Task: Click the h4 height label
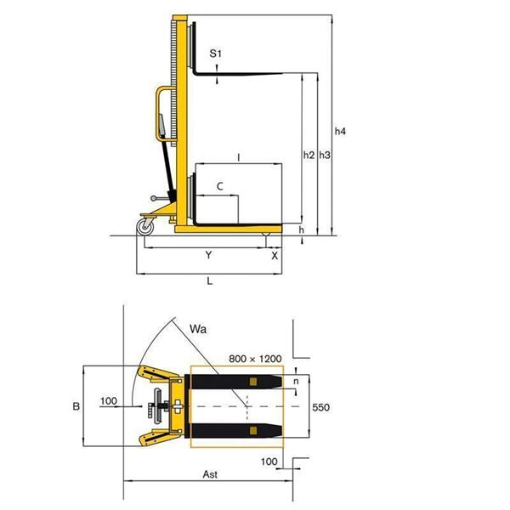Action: click(x=340, y=131)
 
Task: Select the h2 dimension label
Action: click(x=309, y=155)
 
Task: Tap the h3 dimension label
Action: click(x=325, y=155)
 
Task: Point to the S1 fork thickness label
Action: click(x=215, y=54)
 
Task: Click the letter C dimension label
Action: click(x=220, y=186)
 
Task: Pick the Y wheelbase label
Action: click(x=209, y=255)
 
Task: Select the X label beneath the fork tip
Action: click(x=275, y=256)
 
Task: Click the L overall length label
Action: click(x=210, y=281)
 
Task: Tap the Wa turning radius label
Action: click(x=198, y=329)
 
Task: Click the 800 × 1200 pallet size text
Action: click(x=255, y=359)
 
